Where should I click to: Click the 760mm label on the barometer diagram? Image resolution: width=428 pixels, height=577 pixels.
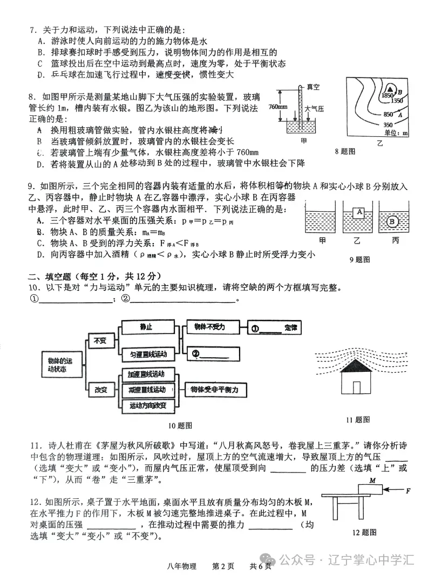coord(277,107)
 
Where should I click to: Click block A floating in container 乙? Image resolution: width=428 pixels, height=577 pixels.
coord(358,213)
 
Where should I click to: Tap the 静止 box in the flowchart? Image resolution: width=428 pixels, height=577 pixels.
coord(146,327)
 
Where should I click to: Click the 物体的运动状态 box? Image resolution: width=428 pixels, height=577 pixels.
coord(59,365)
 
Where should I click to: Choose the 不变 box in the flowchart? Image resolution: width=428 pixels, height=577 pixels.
coord(100,340)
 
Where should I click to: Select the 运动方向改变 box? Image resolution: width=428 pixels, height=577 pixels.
coord(147,405)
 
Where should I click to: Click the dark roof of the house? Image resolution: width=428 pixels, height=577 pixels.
coord(354,366)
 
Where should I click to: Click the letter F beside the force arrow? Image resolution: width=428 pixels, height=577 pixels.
coord(409,491)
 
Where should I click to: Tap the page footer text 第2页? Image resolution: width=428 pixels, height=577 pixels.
coord(223,566)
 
